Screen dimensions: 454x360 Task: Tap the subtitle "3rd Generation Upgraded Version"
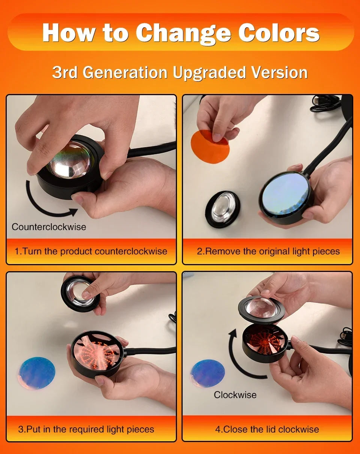click(180, 72)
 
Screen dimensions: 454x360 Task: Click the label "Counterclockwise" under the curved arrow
click(49, 227)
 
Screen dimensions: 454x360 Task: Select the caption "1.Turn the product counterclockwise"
click(91, 251)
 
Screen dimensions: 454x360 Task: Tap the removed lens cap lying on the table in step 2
click(222, 209)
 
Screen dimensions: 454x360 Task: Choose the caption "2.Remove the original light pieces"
click(268, 251)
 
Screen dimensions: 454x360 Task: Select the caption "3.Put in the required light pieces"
click(86, 429)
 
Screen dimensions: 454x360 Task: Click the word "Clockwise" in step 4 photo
click(235, 395)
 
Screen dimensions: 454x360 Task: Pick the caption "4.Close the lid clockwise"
click(267, 429)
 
